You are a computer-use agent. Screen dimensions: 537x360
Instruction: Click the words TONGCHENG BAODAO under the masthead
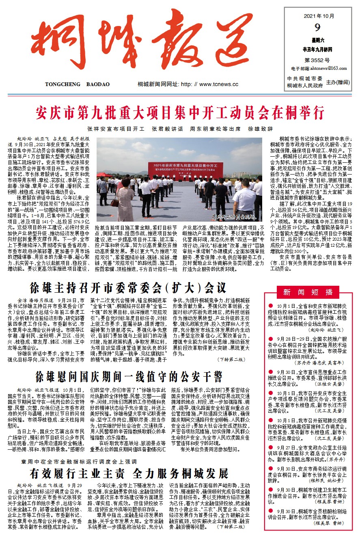point(78,84)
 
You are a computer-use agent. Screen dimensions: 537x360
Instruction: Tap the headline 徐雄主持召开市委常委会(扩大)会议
point(128,288)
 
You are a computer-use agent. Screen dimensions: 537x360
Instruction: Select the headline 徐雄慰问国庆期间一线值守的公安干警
point(129,377)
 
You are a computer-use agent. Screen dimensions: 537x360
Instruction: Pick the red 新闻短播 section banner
point(307,291)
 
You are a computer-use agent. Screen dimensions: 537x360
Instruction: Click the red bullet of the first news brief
point(271,306)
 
